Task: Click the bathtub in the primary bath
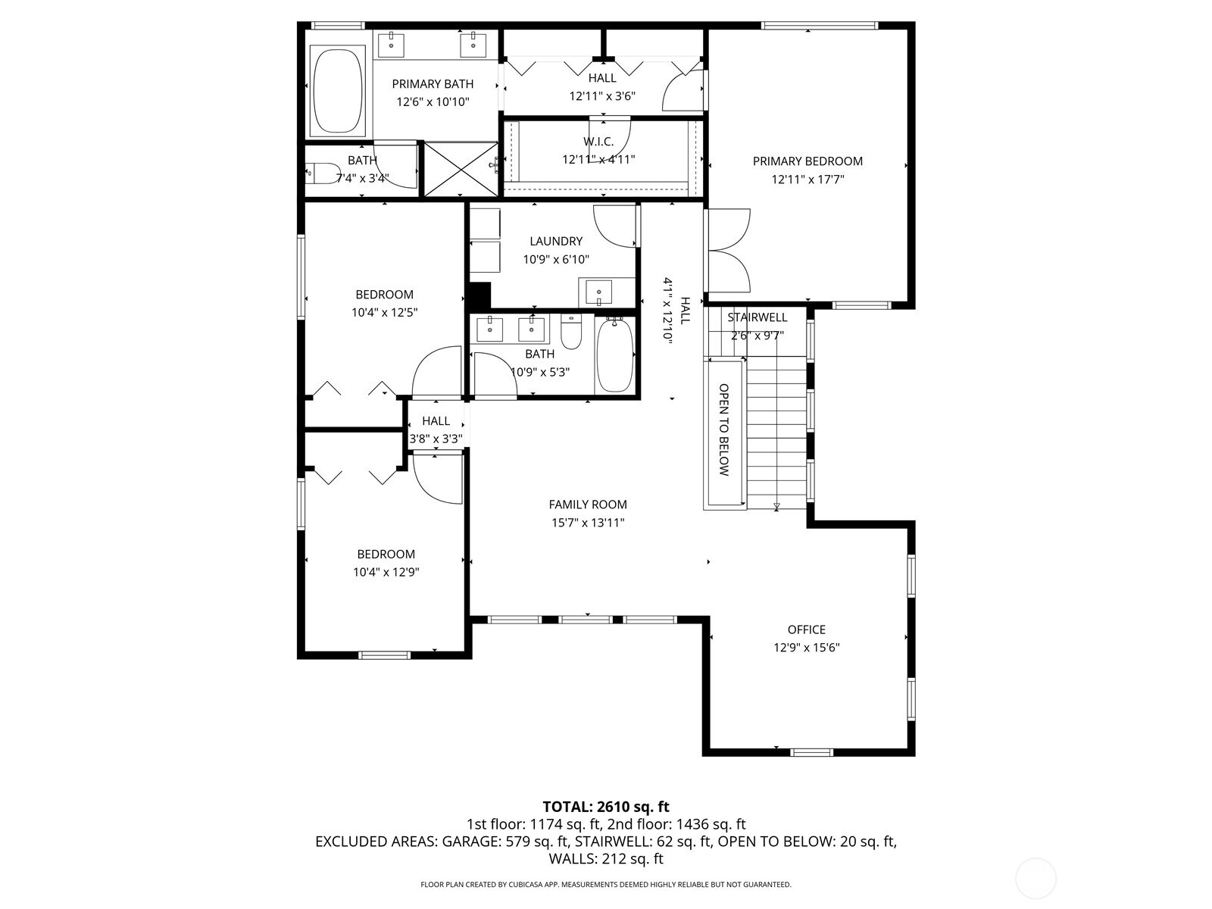338,91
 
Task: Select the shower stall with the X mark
461,169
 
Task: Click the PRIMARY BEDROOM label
807,161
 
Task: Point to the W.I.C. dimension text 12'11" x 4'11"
598,160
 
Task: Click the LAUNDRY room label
556,241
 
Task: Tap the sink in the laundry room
599,291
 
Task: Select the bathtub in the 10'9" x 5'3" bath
614,355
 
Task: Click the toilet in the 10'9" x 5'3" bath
571,333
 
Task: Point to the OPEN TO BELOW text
723,430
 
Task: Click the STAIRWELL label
757,317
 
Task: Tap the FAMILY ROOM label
588,504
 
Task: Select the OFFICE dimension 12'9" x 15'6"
806,648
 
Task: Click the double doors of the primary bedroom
727,251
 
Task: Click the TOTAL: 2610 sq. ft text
606,807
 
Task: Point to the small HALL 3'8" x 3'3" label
436,421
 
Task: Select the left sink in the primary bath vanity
392,45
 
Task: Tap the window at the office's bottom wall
811,752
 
